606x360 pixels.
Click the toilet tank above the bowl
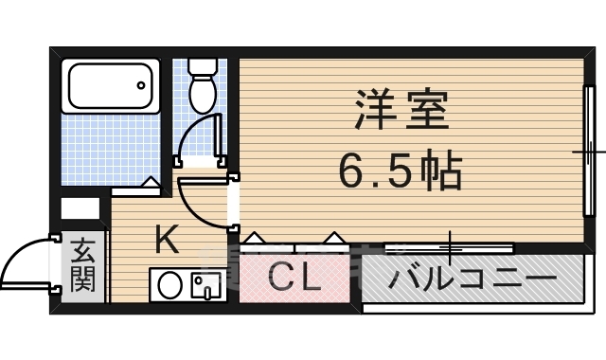point(202,68)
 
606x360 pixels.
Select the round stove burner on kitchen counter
point(170,285)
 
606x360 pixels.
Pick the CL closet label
point(294,279)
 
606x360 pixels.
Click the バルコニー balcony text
point(472,280)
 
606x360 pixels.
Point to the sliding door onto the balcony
point(450,248)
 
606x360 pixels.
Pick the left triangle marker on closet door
point(256,237)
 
